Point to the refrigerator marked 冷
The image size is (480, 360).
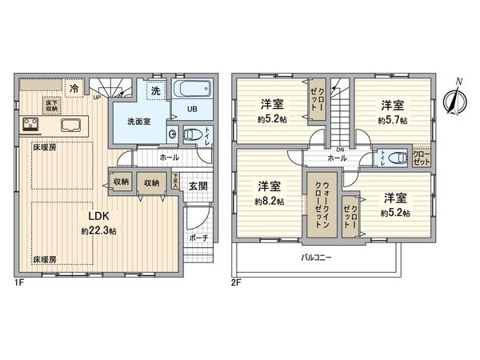coord(74,89)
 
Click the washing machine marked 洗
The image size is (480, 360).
coord(157,90)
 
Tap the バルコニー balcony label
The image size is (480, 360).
coord(317,258)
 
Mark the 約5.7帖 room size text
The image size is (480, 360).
coord(391,120)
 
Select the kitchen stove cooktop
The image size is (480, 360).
coord(33,124)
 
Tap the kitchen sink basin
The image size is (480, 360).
coord(66,125)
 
